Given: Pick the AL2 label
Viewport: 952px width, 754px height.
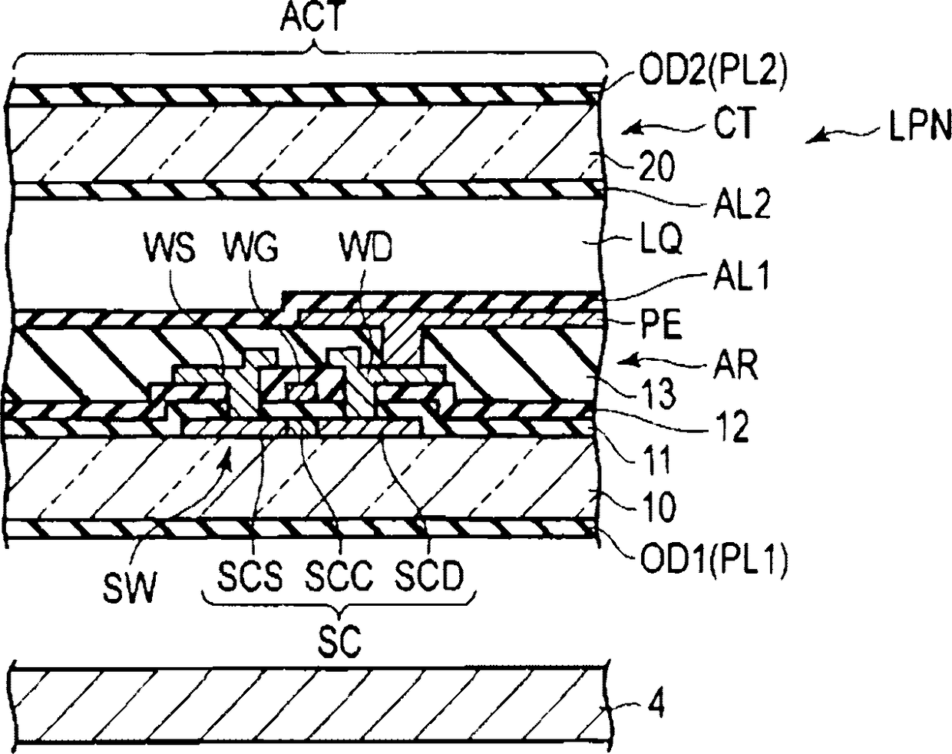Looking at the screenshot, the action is (742, 203).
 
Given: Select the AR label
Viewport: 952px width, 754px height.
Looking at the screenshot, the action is (735, 364).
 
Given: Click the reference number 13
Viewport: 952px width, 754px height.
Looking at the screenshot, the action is (656, 393).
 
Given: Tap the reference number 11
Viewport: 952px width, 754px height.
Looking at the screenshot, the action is (656, 461).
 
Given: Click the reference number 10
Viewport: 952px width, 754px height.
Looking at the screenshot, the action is (656, 507).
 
